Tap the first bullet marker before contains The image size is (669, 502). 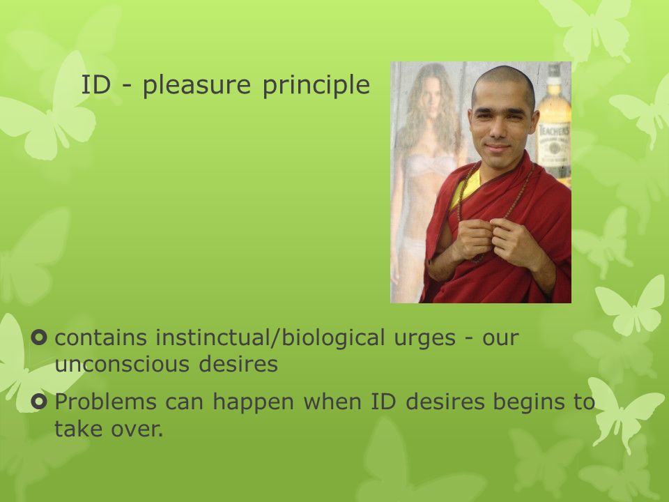click(x=39, y=337)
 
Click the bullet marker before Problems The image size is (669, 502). click(x=39, y=402)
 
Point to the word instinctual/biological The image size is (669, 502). click(x=270, y=337)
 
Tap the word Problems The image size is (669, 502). click(x=105, y=402)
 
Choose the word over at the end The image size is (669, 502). click(x=137, y=429)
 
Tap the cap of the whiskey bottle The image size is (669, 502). click(x=554, y=70)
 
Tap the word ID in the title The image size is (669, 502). click(x=95, y=84)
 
